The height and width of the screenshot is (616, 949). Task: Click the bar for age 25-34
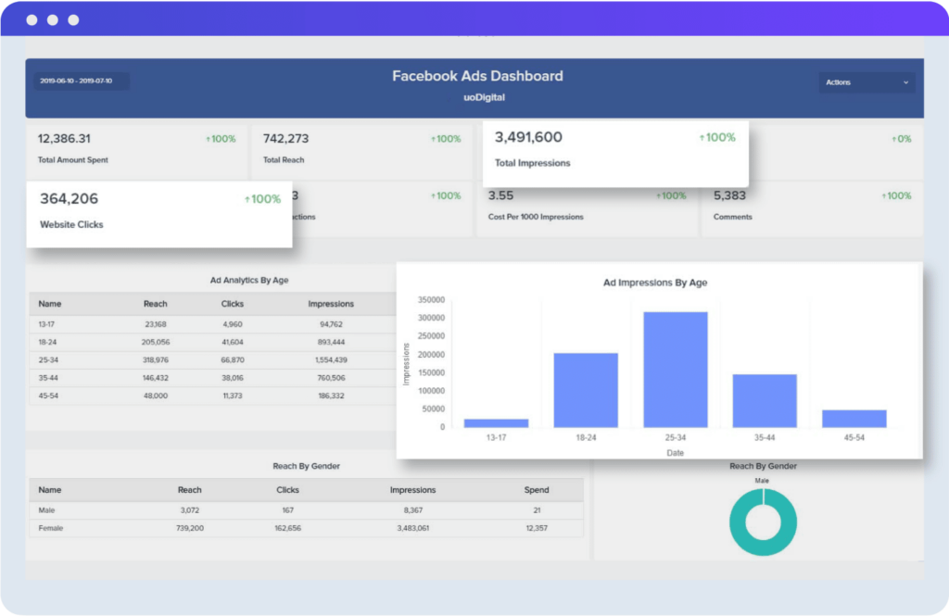click(676, 370)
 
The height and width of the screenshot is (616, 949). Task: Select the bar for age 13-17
click(497, 422)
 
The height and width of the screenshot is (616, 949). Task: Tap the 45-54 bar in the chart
click(854, 419)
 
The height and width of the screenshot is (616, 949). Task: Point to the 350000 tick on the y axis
click(432, 300)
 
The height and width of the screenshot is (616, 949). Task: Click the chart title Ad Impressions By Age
click(654, 283)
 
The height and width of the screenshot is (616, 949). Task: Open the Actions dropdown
click(866, 82)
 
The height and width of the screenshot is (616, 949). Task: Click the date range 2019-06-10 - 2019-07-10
click(76, 82)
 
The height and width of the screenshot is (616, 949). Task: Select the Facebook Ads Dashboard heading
click(477, 76)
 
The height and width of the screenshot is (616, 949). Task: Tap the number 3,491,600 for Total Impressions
click(528, 137)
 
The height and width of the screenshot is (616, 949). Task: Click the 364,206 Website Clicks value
click(69, 198)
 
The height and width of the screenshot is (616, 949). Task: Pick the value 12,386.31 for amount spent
click(64, 139)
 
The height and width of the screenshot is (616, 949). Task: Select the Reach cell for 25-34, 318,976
click(156, 359)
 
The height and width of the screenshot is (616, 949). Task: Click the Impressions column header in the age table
click(331, 304)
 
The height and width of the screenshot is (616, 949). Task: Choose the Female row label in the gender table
click(51, 528)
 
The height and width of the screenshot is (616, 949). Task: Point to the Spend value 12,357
click(536, 528)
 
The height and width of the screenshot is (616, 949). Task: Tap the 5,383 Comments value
click(730, 195)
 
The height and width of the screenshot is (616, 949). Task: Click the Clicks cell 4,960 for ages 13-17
click(232, 324)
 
